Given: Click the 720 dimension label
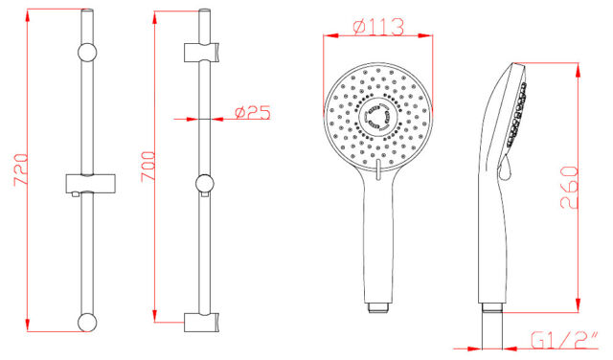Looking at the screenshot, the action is point(21,169).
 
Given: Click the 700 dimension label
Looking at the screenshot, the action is point(148,167).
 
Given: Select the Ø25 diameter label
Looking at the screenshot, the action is point(253,113).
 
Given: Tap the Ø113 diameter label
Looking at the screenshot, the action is point(378,27).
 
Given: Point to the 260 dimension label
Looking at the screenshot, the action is point(569,188).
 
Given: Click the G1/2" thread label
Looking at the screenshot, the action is point(564,340).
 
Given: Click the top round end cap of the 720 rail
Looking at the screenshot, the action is point(87,53).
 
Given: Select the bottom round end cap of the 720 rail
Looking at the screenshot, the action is point(87,323).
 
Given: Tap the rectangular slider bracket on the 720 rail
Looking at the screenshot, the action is point(90,184).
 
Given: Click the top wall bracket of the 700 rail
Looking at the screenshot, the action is point(201,52).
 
